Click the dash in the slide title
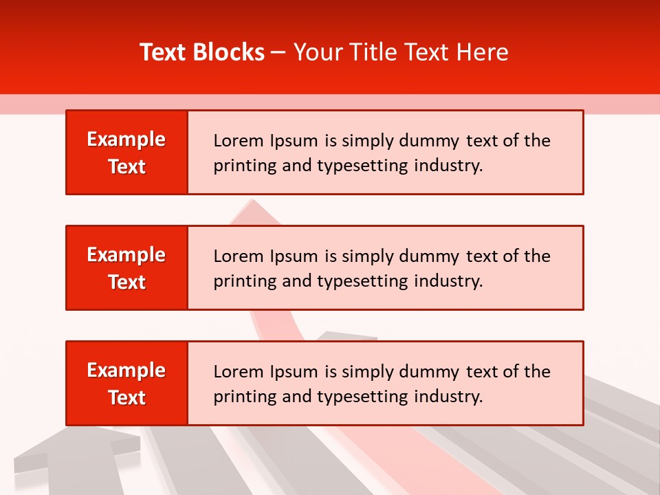tap(279, 52)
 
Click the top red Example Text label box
tap(127, 153)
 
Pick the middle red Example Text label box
tap(127, 268)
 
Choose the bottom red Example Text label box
tap(127, 384)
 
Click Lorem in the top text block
tap(234, 141)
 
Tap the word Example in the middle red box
tap(126, 255)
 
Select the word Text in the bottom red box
tap(127, 397)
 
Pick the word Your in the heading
tap(316, 52)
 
